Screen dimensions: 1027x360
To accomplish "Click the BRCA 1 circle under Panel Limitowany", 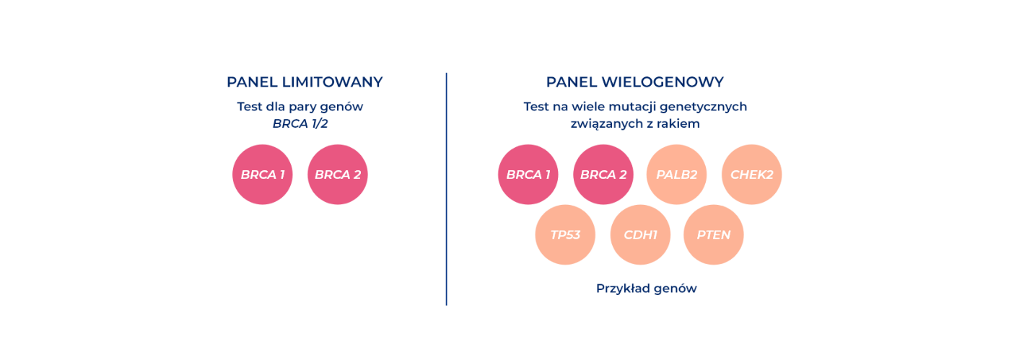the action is [262, 175].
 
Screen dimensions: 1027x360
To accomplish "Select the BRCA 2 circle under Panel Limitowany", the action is [338, 175].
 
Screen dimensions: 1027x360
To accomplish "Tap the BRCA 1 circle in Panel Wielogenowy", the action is [528, 175].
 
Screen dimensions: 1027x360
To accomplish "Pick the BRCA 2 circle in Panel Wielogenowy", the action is [603, 175].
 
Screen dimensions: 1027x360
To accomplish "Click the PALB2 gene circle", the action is [676, 175].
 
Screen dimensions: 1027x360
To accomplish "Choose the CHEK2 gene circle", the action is [751, 175].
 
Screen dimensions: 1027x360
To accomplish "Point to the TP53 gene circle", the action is [565, 234].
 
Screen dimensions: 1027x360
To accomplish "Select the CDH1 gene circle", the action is [640, 234].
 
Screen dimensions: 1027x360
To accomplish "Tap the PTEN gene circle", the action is [713, 234].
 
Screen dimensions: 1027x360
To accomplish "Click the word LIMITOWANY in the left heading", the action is [332, 82].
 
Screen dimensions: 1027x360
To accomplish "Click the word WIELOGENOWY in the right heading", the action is [663, 82].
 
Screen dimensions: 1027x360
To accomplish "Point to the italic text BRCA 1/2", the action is [300, 123].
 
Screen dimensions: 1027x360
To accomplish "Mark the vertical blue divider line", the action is [446, 189].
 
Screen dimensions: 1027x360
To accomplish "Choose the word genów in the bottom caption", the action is [676, 289].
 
